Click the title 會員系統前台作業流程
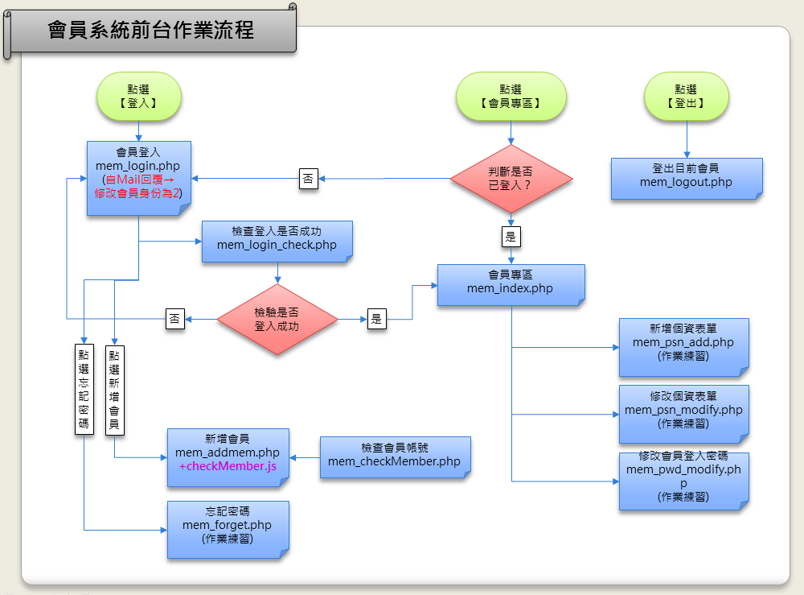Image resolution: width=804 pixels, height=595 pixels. (x=151, y=31)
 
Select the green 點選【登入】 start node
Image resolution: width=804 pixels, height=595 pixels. (x=138, y=97)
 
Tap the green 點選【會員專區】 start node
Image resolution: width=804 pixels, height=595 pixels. (x=511, y=97)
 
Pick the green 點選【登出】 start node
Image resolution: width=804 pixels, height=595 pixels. (x=686, y=97)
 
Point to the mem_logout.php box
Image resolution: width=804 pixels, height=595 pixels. (x=686, y=177)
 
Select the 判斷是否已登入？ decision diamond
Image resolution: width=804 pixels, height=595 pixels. (x=511, y=178)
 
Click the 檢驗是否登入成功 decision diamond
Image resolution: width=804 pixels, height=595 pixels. (x=277, y=320)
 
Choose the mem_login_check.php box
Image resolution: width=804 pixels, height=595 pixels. (x=277, y=240)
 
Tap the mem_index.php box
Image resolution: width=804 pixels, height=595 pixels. (x=511, y=283)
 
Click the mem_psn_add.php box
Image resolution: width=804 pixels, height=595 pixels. (x=683, y=346)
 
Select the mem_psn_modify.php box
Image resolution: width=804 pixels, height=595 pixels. (x=683, y=413)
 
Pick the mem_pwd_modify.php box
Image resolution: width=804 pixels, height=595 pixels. (x=683, y=481)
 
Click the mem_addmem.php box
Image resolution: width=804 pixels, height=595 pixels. (x=228, y=457)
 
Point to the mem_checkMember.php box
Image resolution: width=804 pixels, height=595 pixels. (x=394, y=457)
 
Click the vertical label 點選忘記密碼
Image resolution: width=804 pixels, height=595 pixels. (x=84, y=390)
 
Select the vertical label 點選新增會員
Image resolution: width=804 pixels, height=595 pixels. (x=114, y=390)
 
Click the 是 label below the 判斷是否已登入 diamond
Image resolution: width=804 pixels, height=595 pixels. (x=511, y=238)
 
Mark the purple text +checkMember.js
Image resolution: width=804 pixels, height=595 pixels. (x=228, y=467)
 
